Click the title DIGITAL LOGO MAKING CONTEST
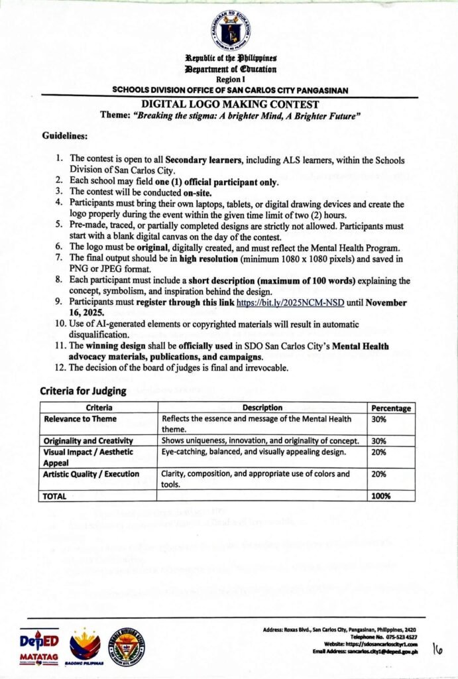[x=230, y=105]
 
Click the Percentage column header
[x=391, y=408]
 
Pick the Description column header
[x=262, y=408]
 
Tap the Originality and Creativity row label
[x=88, y=441]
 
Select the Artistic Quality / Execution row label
[x=91, y=474]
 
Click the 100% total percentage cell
[x=381, y=495]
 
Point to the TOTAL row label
[x=56, y=495]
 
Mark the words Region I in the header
[x=230, y=79]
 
